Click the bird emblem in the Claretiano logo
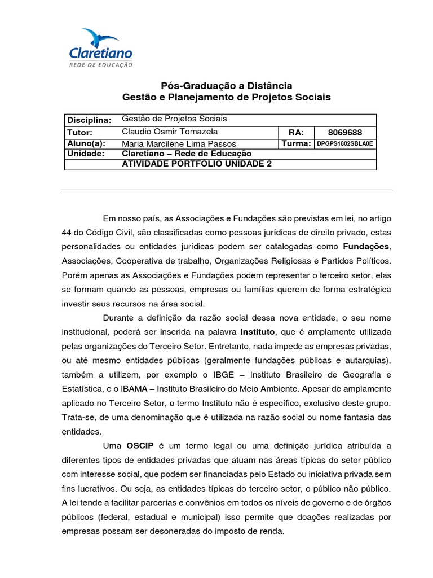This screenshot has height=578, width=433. tap(100, 38)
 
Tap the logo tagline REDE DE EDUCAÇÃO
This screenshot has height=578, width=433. tap(100, 65)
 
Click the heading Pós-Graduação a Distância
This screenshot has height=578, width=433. tap(227, 86)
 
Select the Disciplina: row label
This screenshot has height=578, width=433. tap(90, 120)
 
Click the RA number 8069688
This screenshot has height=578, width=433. tap(344, 132)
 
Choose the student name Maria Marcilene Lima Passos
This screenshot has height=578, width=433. tap(179, 143)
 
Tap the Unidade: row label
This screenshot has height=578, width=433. tap(86, 154)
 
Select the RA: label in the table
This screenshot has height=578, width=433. tap(296, 132)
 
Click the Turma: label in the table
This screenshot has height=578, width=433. tap(297, 143)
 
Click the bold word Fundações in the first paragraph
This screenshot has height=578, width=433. tap(366, 247)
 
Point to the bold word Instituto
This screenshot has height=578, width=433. tap(258, 331)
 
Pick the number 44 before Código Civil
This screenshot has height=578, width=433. tap(68, 233)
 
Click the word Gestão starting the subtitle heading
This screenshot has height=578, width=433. tap(139, 98)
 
